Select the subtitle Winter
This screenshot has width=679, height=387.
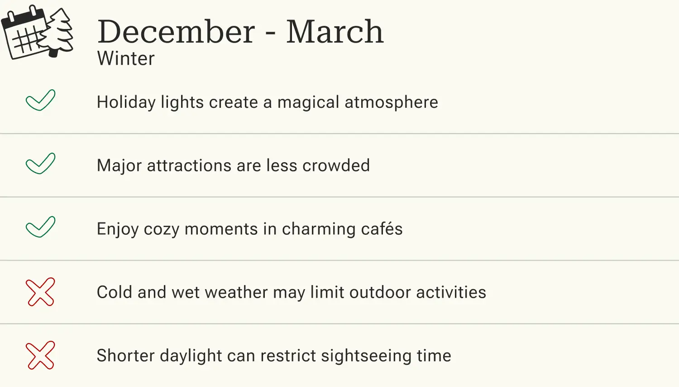pos(126,58)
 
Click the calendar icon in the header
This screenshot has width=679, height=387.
pos(24,34)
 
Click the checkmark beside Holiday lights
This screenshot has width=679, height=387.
pos(40,100)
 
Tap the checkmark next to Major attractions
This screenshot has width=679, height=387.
pos(40,164)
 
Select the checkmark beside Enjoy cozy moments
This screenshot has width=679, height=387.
pos(40,227)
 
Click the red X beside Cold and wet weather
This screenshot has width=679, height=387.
pos(40,292)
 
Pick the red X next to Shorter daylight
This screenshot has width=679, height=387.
pos(40,355)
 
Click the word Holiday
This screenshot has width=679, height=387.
pos(126,102)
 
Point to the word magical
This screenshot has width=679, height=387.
pos(308,102)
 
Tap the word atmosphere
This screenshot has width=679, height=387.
pos(391,102)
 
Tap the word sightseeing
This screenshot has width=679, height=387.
pos(366,356)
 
